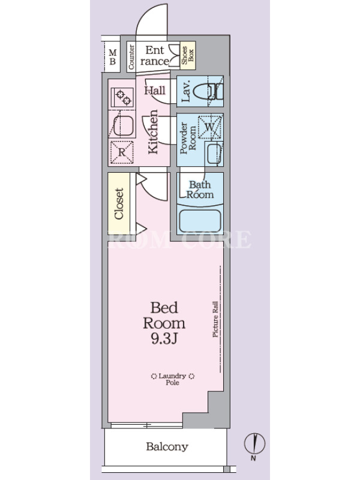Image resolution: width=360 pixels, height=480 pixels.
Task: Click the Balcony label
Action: pyautogui.click(x=167, y=446)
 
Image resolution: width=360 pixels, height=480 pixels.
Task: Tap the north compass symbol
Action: pyautogui.click(x=254, y=443)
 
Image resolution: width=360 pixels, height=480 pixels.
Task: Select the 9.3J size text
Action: pyautogui.click(x=164, y=338)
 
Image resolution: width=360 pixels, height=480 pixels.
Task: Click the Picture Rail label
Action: pyautogui.click(x=215, y=319)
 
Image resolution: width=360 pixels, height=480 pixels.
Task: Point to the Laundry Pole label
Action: pyautogui.click(x=173, y=379)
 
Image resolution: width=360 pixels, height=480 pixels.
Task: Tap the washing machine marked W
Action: pyautogui.click(x=209, y=127)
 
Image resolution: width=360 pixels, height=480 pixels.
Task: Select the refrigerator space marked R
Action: pyautogui.click(x=122, y=152)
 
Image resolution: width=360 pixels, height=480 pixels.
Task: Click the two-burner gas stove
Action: pyautogui.click(x=122, y=97)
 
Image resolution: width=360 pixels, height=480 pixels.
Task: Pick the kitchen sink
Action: pyautogui.click(x=122, y=125)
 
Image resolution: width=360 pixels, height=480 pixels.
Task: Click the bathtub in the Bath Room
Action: pyautogui.click(x=200, y=221)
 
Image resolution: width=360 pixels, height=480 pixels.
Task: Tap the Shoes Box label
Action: pyautogui.click(x=187, y=55)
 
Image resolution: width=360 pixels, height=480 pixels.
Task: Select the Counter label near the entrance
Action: pyautogui.click(x=131, y=56)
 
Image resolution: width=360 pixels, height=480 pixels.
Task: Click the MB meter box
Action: pyautogui.click(x=112, y=57)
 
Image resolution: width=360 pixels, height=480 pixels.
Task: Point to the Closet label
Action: pyautogui.click(x=119, y=203)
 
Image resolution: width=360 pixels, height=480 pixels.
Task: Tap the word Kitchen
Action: pyautogui.click(x=153, y=131)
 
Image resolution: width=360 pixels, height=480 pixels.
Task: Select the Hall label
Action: pyautogui.click(x=155, y=91)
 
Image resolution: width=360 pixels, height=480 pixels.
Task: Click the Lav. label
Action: pyautogui.click(x=186, y=91)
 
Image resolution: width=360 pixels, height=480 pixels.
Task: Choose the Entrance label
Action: pyautogui.click(x=155, y=55)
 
